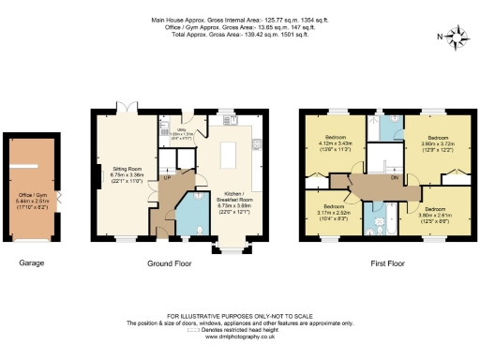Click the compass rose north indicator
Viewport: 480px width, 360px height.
[457, 37]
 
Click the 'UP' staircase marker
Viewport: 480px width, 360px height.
[166, 176]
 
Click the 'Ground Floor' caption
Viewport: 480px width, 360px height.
[169, 263]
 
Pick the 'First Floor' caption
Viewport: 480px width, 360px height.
[385, 263]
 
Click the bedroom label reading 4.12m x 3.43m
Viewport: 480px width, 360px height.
[335, 143]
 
